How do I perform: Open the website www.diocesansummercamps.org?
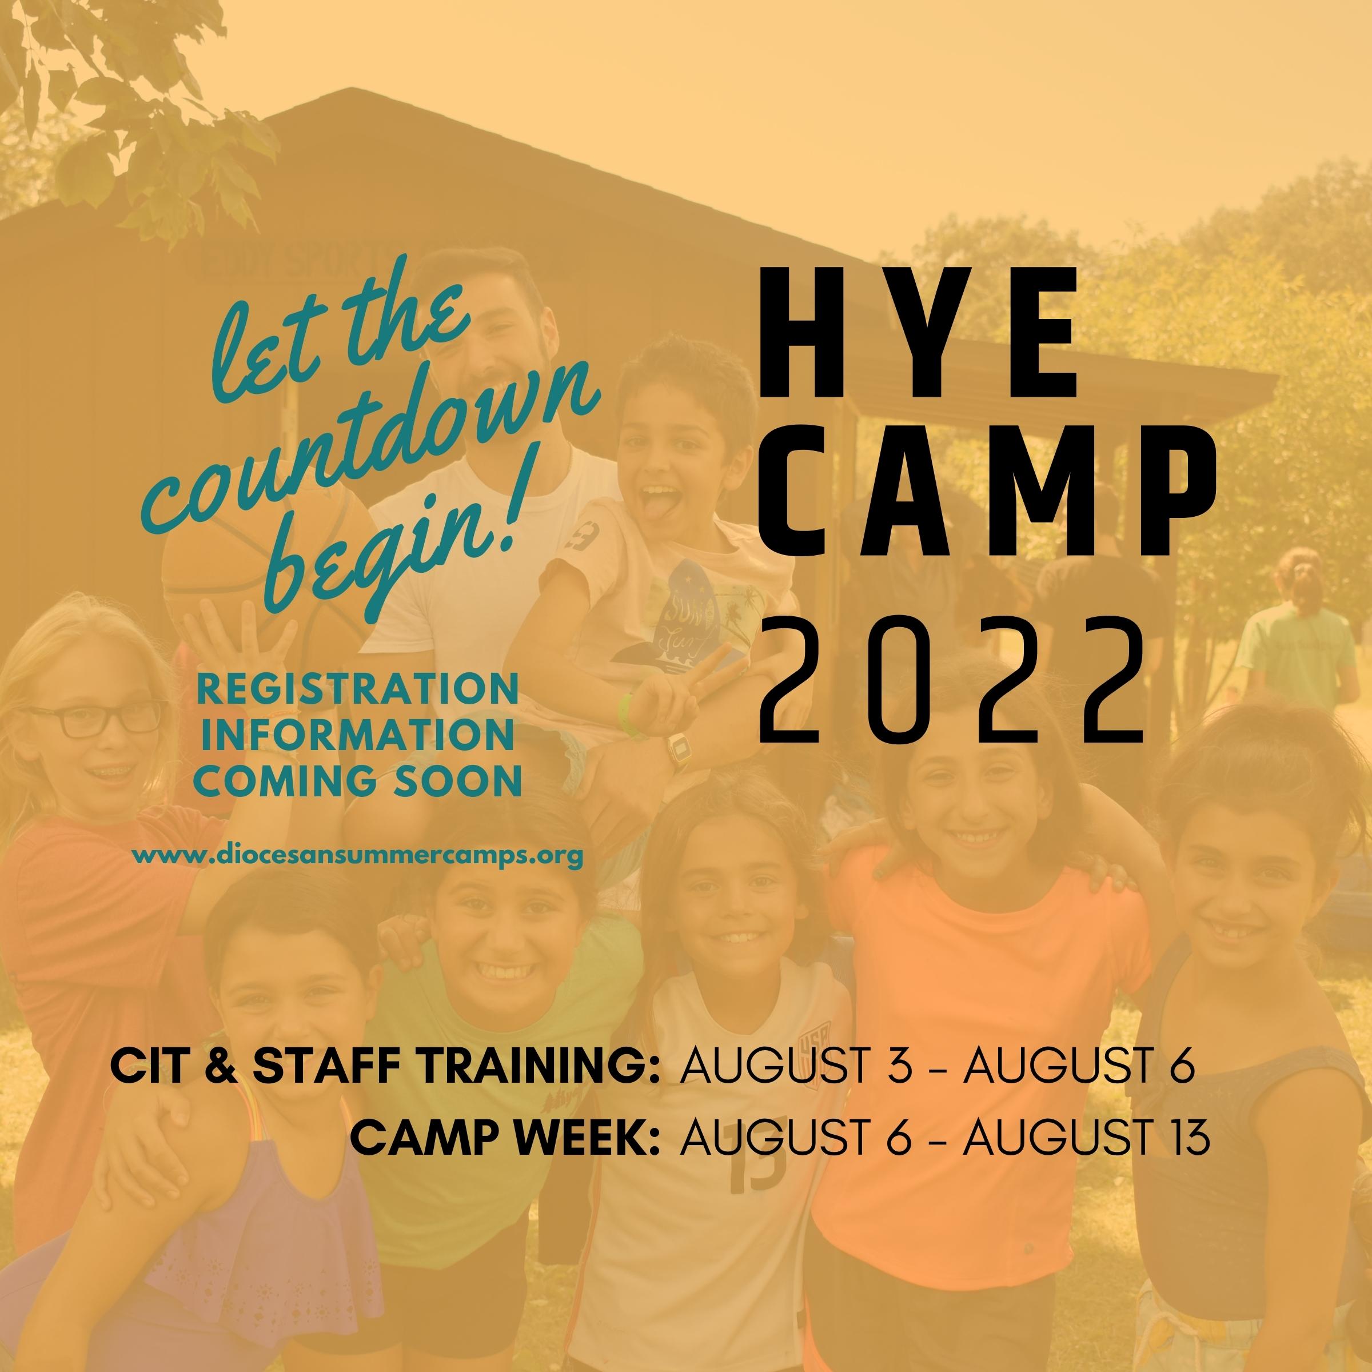pos(357,856)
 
